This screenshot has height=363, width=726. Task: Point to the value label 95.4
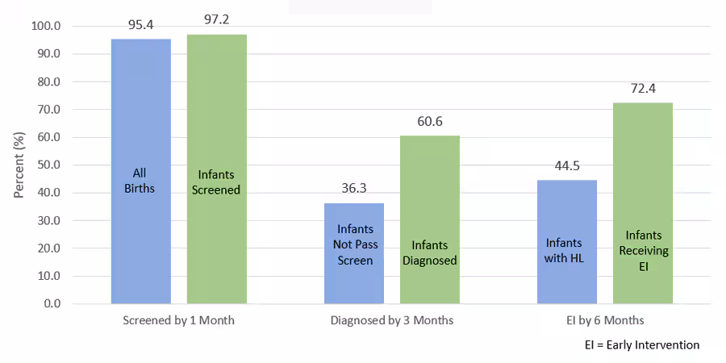[141, 26]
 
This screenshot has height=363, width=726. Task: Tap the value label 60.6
[430, 123]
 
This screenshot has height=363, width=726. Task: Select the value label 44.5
[567, 167]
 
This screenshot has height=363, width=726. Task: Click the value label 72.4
[643, 90]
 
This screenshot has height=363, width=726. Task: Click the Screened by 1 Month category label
[178, 320]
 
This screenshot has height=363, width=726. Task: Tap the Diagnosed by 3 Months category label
[392, 320]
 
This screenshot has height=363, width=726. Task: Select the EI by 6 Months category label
[605, 320]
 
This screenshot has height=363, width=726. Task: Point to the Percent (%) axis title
[19, 165]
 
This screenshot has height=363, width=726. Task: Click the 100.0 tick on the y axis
[46, 26]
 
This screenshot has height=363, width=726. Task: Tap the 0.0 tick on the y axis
[51, 303]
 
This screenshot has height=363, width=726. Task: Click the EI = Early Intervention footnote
[642, 344]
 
